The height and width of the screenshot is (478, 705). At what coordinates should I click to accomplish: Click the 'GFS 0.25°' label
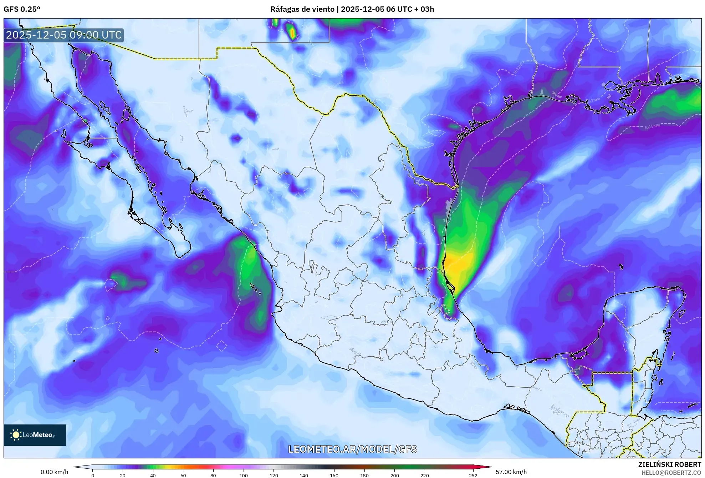22,9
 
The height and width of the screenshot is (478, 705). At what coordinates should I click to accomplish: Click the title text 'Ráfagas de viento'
302,9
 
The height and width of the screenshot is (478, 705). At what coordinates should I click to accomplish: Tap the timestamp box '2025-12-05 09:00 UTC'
64,35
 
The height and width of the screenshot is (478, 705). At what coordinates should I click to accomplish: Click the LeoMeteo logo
35,435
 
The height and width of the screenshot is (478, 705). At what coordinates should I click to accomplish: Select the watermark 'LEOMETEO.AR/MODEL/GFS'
352,449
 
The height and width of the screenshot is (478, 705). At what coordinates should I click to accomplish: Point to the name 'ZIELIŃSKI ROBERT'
669,464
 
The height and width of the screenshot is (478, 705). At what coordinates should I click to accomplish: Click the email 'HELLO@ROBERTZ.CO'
671,473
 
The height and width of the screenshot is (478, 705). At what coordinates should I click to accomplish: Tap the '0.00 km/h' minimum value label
54,472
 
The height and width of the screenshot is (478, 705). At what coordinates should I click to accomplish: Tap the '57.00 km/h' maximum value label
511,472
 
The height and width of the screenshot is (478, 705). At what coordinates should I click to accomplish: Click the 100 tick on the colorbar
244,475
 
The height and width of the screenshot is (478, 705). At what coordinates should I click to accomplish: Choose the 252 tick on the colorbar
473,475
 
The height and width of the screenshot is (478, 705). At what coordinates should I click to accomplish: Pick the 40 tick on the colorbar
153,475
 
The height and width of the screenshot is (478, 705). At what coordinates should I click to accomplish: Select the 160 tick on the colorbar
334,475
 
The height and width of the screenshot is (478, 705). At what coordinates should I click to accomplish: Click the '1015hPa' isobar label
652,127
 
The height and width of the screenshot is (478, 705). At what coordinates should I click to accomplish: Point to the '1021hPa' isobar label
519,68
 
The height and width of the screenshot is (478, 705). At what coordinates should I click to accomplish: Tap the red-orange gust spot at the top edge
292,33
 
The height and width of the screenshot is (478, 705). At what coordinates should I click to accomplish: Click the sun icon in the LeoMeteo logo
16,435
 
